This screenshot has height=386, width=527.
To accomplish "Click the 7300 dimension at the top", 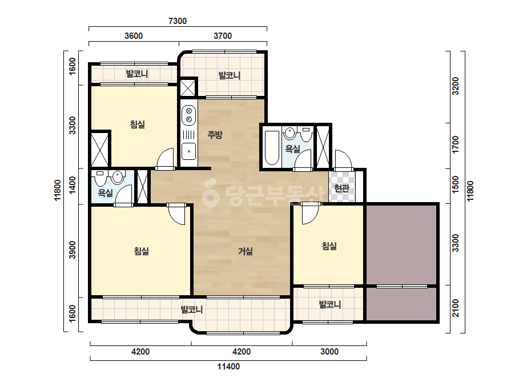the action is tap(178, 21).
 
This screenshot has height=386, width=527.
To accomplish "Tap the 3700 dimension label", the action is tap(223, 35).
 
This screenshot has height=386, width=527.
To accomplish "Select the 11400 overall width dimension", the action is tap(228, 366).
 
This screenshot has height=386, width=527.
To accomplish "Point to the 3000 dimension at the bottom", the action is tap(329, 352).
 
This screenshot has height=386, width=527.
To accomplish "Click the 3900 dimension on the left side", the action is tap(73, 250).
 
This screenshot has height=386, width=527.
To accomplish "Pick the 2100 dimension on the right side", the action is tap(456, 308).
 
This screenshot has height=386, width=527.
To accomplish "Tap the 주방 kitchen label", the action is tap(215, 135).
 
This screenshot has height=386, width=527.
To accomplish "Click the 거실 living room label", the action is tap(246, 251).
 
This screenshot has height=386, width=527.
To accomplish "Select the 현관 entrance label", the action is tap(342, 188).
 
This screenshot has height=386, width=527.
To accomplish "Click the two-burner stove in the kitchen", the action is tap(189, 115).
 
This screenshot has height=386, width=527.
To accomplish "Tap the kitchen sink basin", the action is tap(189, 151).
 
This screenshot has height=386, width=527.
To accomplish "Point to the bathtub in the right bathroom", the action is tap(272, 148).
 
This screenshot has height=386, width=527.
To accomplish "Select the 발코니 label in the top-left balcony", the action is tap(137, 74).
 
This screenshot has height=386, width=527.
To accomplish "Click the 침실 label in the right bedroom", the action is tap(329, 246).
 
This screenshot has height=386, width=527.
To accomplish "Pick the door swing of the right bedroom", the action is tap(310, 214).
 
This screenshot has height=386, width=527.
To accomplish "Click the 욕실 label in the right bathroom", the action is tap(292, 148).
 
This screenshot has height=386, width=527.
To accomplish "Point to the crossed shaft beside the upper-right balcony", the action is tap(187, 87).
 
